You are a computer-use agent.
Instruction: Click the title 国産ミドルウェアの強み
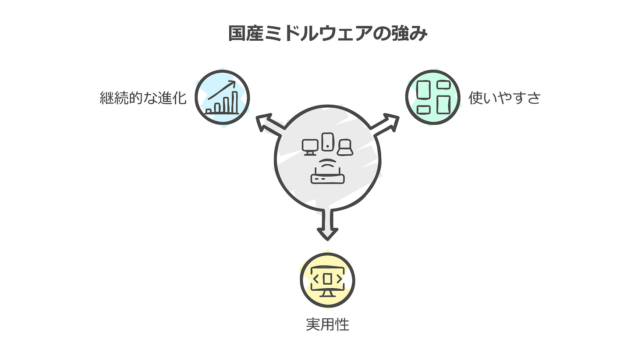pyautogui.click(x=327, y=34)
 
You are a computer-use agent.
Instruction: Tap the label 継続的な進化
pyautogui.click(x=143, y=98)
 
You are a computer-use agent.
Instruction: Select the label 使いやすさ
pyautogui.click(x=504, y=98)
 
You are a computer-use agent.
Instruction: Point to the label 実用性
pyautogui.click(x=327, y=325)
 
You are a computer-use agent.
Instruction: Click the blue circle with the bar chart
pyautogui.click(x=222, y=97)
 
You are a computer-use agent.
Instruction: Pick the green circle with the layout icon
pyautogui.click(x=432, y=97)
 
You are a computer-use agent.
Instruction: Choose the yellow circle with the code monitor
pyautogui.click(x=327, y=281)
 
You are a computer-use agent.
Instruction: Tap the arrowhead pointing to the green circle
pyautogui.click(x=391, y=121)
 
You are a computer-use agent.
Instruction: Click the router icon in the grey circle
pyautogui.click(x=328, y=178)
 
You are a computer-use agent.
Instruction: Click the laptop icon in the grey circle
pyautogui.click(x=345, y=148)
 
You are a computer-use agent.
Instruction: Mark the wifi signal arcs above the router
pyautogui.click(x=328, y=166)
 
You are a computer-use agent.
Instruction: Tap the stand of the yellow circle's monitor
pyautogui.click(x=327, y=293)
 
